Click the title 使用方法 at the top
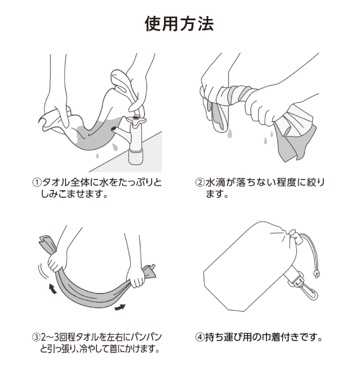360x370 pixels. (179, 23)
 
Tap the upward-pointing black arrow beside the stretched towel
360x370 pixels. (51, 288)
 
